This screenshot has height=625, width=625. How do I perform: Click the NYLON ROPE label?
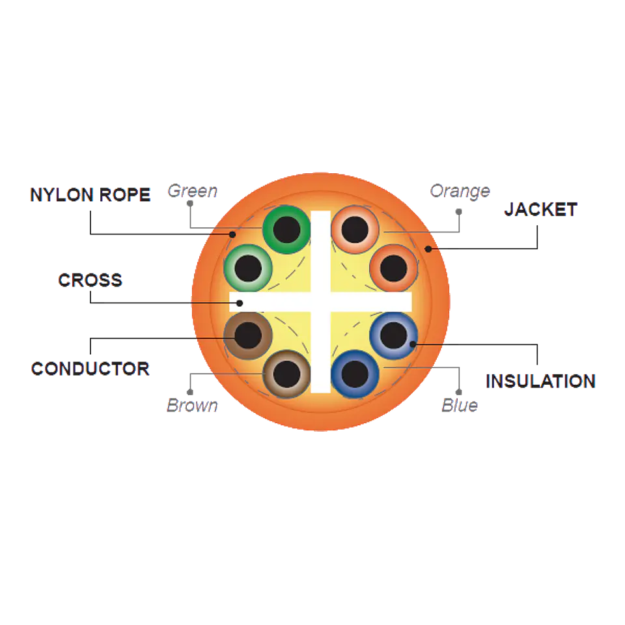[x=90, y=195]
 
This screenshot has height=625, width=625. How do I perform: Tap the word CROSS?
[x=90, y=280]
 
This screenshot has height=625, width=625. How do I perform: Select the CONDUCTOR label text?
[x=90, y=368]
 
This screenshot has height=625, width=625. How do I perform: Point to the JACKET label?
[x=541, y=210]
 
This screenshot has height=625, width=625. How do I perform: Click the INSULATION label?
[x=541, y=382]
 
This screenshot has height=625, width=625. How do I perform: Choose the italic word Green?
[x=193, y=191]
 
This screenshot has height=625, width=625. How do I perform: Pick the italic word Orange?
[x=460, y=191]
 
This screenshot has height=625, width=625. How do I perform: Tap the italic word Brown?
[x=193, y=406]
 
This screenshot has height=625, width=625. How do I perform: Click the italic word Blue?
[x=460, y=406]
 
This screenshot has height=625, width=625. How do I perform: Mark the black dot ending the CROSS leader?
[x=240, y=303]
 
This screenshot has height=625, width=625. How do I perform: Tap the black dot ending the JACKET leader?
[x=428, y=249]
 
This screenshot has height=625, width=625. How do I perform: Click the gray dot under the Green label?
[x=190, y=204]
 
